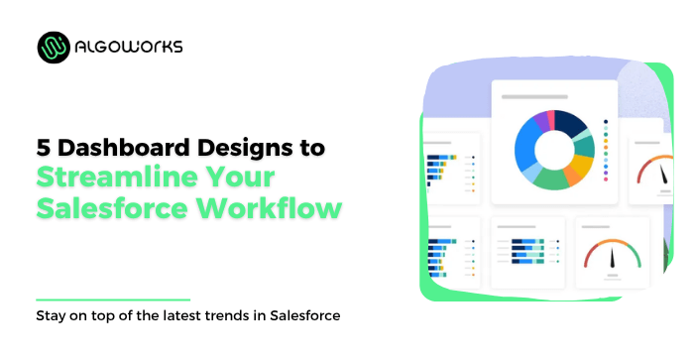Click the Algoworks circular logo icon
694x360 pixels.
(x=55, y=47)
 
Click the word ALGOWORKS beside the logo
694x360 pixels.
(x=129, y=47)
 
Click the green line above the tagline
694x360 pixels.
(x=112, y=299)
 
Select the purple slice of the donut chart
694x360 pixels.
(x=541, y=120)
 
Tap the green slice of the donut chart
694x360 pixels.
(x=551, y=180)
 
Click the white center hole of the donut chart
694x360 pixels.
(x=554, y=150)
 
